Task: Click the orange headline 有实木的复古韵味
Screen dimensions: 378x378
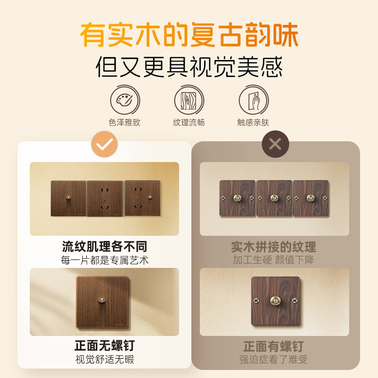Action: coord(189,36)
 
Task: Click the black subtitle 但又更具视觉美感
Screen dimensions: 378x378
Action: coord(189,67)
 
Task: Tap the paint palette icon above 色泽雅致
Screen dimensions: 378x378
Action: coord(125,99)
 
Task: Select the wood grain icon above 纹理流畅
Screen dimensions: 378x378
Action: coord(189,99)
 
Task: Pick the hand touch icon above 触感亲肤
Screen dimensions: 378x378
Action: coord(253,99)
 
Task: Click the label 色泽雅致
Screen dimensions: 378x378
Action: coord(125,122)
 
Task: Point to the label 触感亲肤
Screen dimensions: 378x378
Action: coord(253,122)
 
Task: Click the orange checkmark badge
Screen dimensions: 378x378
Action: coord(104,144)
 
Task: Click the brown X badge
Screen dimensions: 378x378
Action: coord(275,144)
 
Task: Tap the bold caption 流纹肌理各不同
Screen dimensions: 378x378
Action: coord(104,246)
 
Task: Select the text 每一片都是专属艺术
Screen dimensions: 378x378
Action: coord(104,260)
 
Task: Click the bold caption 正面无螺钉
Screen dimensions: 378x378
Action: coord(104,345)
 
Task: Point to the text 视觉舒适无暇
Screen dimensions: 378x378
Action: coord(104,360)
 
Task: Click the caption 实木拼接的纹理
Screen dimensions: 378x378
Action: coord(274,247)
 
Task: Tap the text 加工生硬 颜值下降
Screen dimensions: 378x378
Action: coord(274,260)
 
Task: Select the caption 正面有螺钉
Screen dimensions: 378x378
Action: coord(274,346)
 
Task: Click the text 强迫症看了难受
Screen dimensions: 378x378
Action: coord(274,360)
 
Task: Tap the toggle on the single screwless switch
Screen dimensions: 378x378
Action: coord(101,300)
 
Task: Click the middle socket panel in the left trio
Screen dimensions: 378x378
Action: coord(104,198)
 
